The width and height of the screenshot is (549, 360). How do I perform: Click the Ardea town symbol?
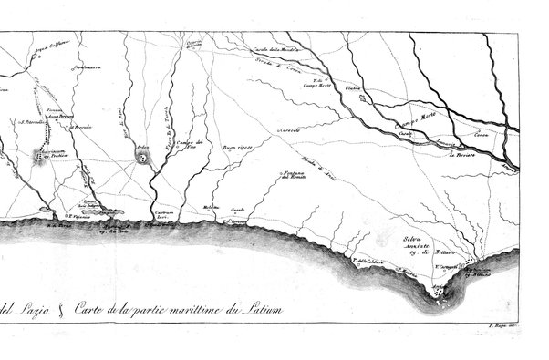pyautogui.click(x=142, y=159)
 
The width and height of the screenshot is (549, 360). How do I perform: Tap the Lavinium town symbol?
pyautogui.click(x=38, y=158)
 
